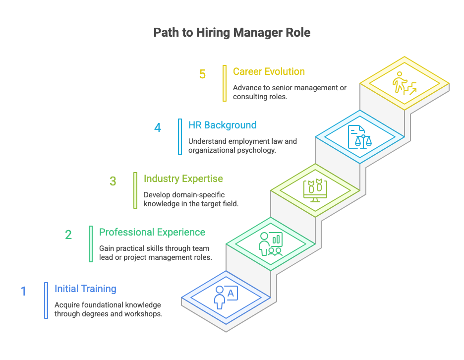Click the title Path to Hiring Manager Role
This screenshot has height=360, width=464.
pyautogui.click(x=232, y=33)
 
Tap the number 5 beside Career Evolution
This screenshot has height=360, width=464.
pyautogui.click(x=202, y=74)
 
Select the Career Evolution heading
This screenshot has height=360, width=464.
pyautogui.click(x=269, y=71)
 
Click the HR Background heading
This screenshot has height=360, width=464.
pyautogui.click(x=222, y=125)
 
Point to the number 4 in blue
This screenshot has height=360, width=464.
pyautogui.click(x=158, y=128)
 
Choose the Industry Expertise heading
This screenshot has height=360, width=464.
pyautogui.click(x=183, y=179)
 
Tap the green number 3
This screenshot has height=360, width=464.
pyautogui.click(x=113, y=181)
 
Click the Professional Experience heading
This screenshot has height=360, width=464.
pyautogui.click(x=152, y=232)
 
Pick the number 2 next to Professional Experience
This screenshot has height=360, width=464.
pyautogui.click(x=68, y=235)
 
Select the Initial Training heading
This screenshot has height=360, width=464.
pyautogui.click(x=85, y=289)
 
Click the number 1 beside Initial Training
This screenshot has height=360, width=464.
pyautogui.click(x=23, y=291)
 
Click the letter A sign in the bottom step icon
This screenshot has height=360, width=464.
pyautogui.click(x=231, y=293)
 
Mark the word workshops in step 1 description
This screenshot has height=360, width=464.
pyautogui.click(x=144, y=314)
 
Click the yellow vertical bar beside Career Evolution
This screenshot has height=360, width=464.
pyautogui.click(x=225, y=83)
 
